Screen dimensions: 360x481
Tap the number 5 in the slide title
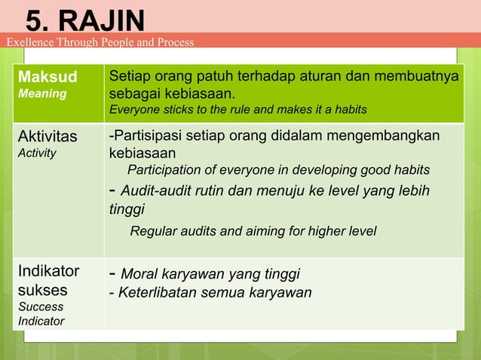click(x=34, y=20)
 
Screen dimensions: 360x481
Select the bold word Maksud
click(x=43, y=77)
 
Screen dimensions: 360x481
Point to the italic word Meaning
click(x=42, y=93)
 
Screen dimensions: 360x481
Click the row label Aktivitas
click(x=47, y=136)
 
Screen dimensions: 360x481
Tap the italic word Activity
click(x=38, y=152)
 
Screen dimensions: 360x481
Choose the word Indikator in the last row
click(x=48, y=272)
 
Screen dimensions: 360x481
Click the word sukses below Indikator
click(x=43, y=290)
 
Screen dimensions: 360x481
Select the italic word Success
click(x=41, y=307)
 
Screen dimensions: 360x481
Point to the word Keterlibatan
click(x=159, y=292)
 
